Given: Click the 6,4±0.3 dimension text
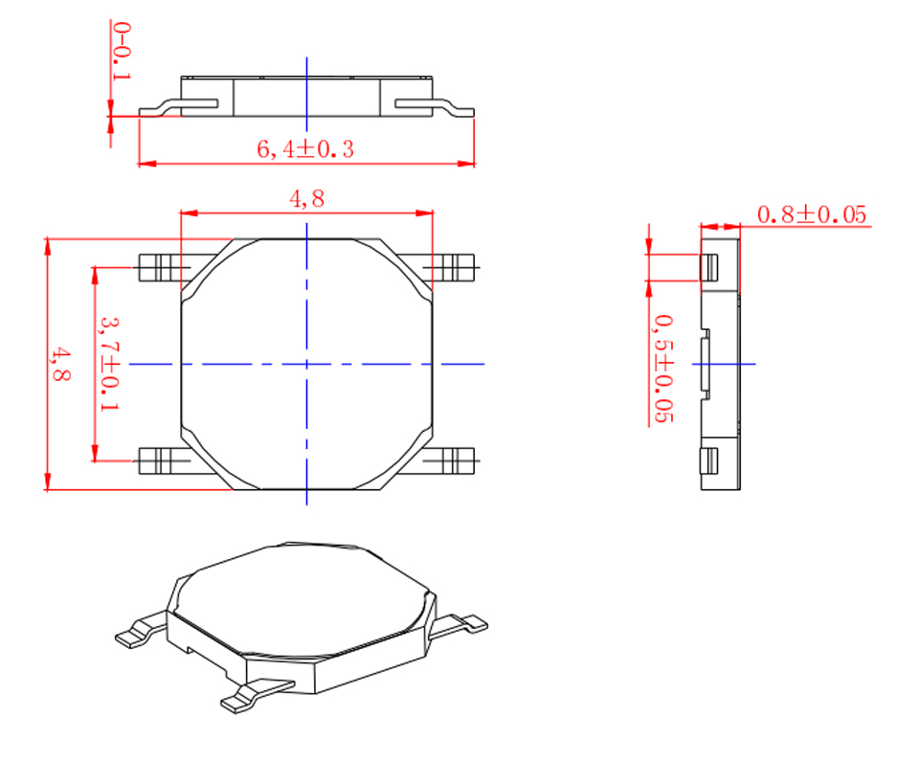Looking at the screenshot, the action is point(305,149).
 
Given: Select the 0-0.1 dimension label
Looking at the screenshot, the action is point(122,51).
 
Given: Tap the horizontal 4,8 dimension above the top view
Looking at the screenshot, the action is point(306,199).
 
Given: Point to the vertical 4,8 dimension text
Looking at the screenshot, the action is point(59,364).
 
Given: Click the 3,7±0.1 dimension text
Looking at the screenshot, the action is point(109,364).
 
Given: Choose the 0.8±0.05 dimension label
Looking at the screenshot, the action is point(812,214).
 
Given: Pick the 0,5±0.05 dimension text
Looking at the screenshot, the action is point(663,369).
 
